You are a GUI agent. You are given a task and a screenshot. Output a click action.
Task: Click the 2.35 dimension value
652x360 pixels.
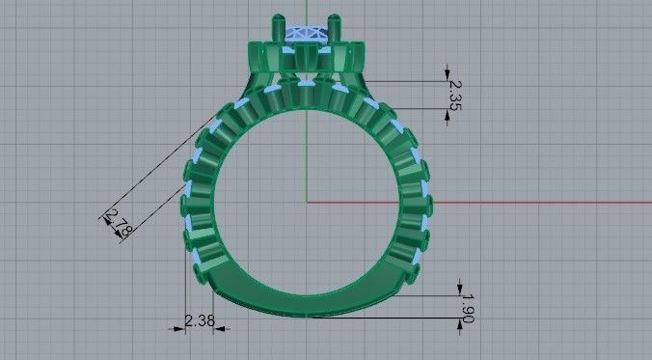click(455, 95)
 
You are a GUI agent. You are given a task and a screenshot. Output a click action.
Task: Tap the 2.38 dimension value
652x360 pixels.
click(199, 320)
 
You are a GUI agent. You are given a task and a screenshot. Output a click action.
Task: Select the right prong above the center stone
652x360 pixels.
click(335, 20)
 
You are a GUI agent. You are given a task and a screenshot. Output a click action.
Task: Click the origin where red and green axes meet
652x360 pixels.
click(307, 202)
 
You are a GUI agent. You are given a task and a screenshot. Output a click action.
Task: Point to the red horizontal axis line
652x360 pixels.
click(482, 202)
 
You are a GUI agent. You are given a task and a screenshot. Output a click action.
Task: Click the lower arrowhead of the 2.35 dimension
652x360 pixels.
click(448, 116)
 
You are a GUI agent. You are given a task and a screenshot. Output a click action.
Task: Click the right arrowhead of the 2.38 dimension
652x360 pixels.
click(228, 328)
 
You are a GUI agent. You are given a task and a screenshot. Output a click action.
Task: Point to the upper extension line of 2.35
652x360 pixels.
click(405, 80)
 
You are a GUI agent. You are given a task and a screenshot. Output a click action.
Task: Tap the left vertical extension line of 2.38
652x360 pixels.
click(183, 299)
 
